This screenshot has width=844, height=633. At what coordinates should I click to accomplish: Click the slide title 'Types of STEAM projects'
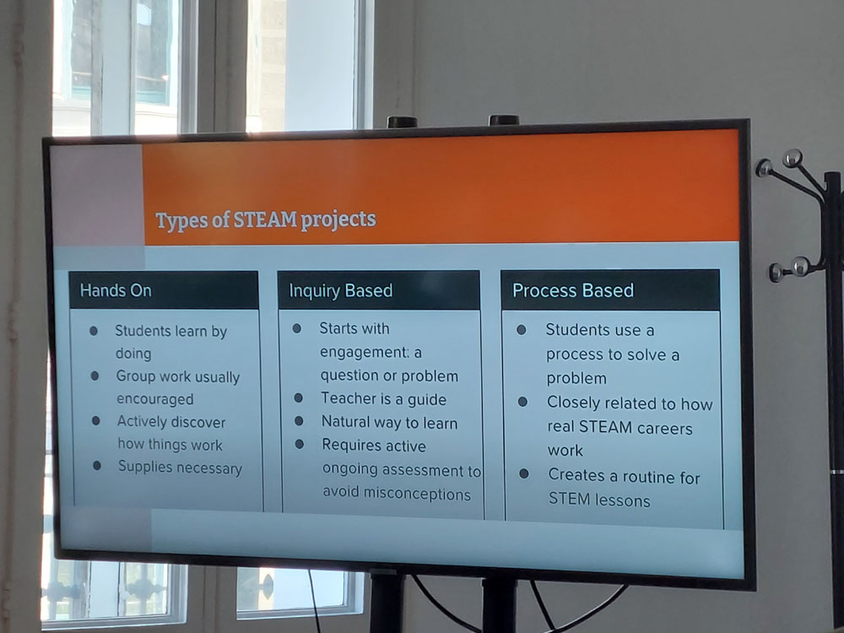(265, 219)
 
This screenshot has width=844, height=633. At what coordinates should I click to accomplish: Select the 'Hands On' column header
(116, 290)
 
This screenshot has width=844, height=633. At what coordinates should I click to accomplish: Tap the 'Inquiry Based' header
(341, 290)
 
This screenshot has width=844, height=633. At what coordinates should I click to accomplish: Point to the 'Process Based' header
(573, 290)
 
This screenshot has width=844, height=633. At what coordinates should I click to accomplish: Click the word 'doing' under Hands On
(133, 354)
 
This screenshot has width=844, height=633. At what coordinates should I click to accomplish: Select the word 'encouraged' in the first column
(155, 399)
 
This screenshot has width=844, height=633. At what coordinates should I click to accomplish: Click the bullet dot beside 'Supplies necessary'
(97, 466)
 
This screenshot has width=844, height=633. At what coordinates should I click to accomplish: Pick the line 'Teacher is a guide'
(384, 399)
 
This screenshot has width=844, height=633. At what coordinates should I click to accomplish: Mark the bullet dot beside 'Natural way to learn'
(299, 421)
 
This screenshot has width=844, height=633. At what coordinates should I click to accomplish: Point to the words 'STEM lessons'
(599, 500)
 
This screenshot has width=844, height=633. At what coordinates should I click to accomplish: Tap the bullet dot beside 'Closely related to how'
(522, 402)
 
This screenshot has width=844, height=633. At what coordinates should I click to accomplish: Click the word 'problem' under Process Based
(576, 378)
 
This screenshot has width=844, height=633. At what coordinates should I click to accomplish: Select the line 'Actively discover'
(171, 422)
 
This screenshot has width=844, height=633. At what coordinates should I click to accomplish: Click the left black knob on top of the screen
(402, 122)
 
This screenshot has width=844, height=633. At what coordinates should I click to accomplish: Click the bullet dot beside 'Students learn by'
(94, 331)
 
